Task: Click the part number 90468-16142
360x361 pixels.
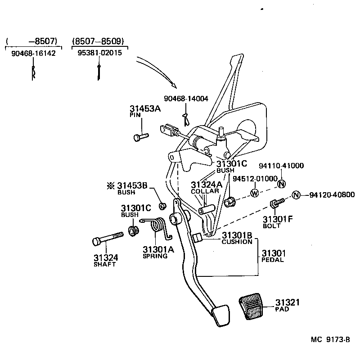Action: click(33, 53)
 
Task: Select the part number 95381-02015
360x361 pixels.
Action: click(99, 53)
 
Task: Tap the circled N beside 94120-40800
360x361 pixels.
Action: click(296, 195)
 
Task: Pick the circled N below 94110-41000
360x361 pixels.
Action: click(281, 184)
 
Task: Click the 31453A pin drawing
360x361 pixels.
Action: click(141, 135)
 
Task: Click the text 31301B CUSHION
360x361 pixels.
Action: click(237, 238)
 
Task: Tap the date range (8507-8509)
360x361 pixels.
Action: click(98, 41)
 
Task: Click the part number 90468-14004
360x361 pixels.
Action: click(186, 99)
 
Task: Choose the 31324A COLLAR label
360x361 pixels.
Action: click(207, 187)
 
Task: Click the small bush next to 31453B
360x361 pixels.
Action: click(163, 206)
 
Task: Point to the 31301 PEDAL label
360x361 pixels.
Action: click(274, 256)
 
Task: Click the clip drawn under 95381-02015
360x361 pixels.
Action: click(98, 71)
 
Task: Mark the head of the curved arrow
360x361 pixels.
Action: click(175, 85)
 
